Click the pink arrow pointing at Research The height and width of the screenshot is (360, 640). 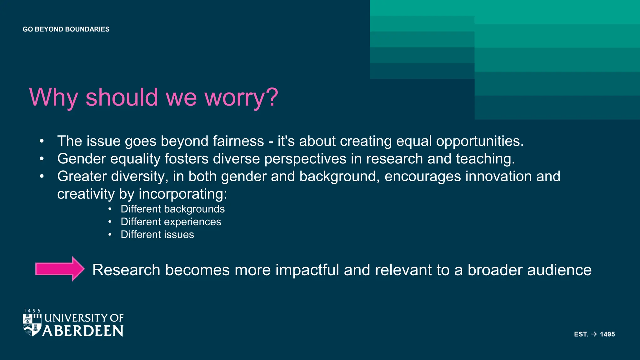point(59,269)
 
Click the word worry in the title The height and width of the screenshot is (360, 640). point(241,97)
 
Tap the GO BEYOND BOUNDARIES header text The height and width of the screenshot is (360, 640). point(66,29)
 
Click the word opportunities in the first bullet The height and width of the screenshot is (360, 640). point(480,141)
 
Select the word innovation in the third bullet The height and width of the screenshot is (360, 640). point(498,176)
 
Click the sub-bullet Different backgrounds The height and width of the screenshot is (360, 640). point(172,209)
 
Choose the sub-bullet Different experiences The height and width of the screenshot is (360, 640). point(171,222)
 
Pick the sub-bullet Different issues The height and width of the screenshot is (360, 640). point(157,235)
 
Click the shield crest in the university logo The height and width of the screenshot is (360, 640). point(32,325)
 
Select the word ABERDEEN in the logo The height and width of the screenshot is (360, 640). point(83,331)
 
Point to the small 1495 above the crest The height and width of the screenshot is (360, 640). point(32,311)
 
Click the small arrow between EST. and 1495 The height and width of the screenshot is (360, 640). point(594,334)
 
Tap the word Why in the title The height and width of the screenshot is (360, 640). point(53,97)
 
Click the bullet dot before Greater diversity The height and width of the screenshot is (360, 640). point(42,176)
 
